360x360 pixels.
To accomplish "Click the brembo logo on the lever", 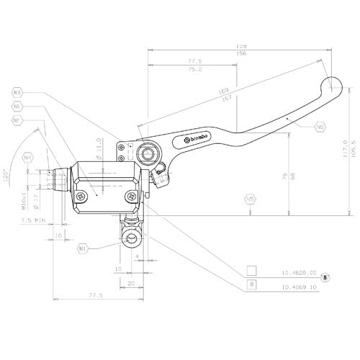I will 198,137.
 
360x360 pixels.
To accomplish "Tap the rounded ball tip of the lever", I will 333,86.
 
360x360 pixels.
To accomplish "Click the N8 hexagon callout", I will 18,93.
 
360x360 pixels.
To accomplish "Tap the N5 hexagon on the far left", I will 18,107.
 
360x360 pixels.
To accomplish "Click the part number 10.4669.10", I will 295,286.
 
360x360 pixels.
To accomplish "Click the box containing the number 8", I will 251,285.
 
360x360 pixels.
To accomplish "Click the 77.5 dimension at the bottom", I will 93,296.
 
